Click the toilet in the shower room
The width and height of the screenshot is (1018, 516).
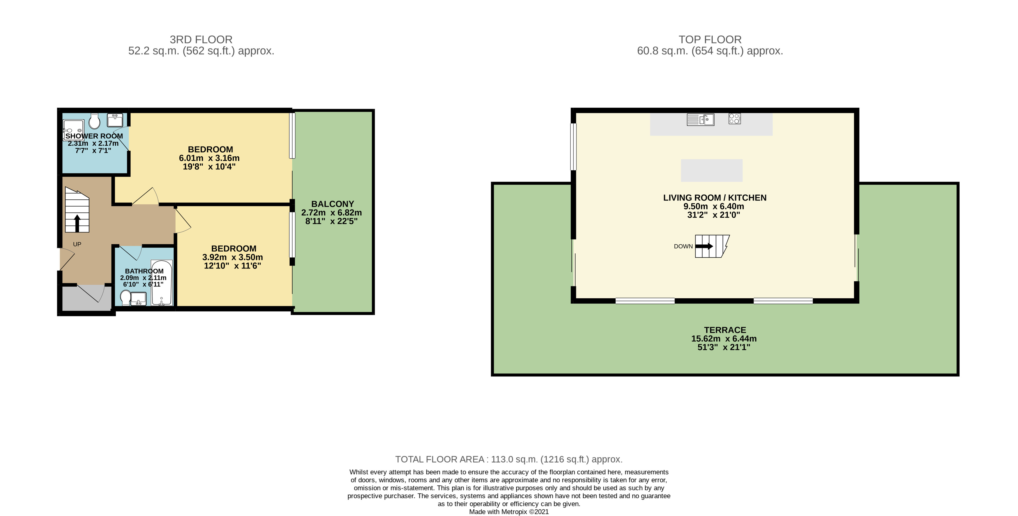click(94, 121)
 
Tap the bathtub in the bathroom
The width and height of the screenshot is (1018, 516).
click(162, 283)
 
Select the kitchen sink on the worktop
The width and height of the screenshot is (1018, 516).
click(700, 119)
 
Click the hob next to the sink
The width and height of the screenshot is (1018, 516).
click(734, 118)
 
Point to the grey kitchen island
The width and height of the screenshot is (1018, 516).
click(711, 170)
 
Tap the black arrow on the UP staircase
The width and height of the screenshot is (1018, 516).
click(77, 223)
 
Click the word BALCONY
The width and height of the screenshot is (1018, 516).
click(332, 204)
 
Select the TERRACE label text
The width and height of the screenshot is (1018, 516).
click(725, 330)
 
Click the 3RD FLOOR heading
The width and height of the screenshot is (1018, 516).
click(201, 39)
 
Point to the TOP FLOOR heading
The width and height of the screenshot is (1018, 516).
click(710, 39)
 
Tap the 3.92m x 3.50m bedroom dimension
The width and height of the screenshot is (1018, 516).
click(233, 257)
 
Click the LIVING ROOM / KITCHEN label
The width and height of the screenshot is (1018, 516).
click(714, 198)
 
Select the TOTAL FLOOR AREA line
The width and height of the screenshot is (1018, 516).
click(509, 459)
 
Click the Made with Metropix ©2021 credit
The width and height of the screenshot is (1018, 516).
click(509, 512)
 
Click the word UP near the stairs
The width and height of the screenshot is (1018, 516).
click(77, 244)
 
